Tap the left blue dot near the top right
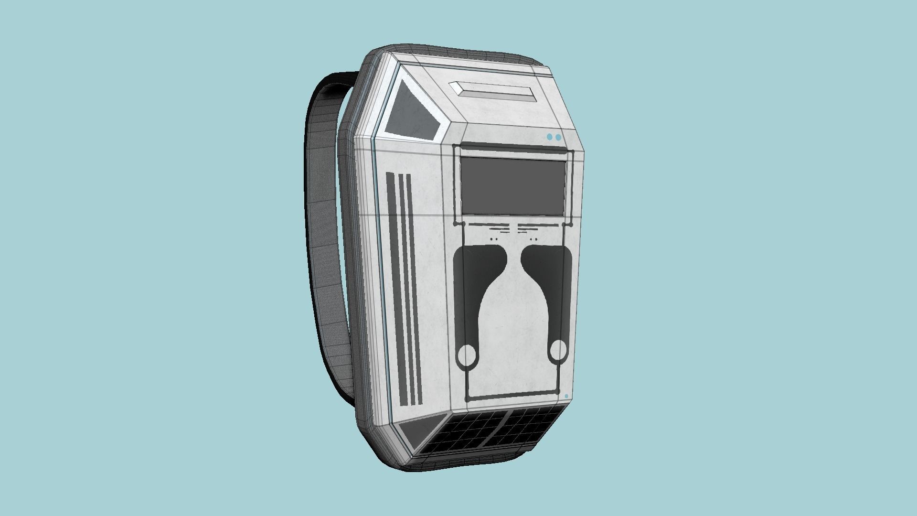tap(549, 137)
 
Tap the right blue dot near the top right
tap(558, 138)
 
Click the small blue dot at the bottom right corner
tap(566, 396)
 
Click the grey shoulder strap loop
tap(325, 239)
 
